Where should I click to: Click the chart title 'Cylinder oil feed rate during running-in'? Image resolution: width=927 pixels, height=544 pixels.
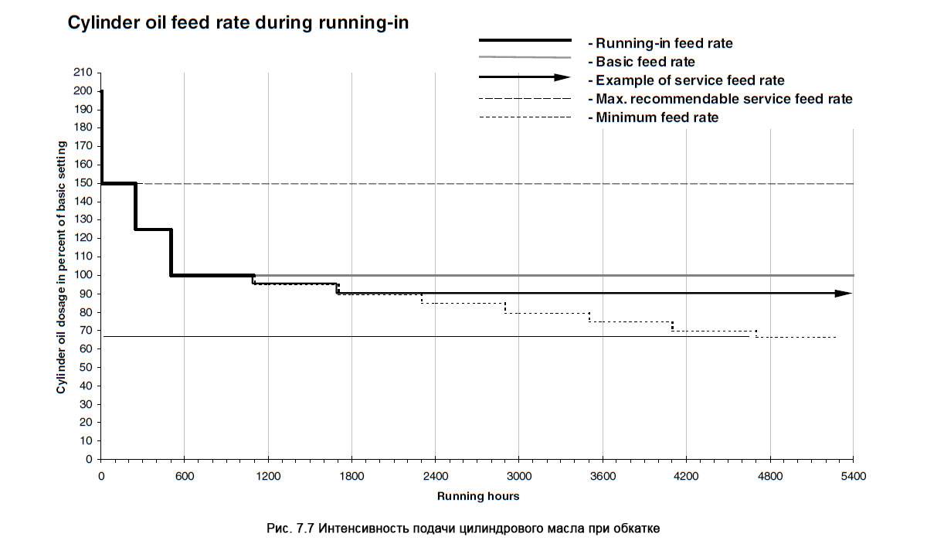pyautogui.click(x=238, y=23)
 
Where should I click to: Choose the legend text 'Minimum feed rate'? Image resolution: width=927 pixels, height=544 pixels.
pyautogui.click(x=657, y=118)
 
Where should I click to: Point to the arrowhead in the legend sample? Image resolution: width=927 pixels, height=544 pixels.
pyautogui.click(x=563, y=77)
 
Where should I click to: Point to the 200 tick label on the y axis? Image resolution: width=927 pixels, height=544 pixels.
pyautogui.click(x=83, y=91)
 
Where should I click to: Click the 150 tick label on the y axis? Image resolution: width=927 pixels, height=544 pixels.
pyautogui.click(x=83, y=183)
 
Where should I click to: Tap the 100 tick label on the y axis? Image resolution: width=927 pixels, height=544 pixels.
pyautogui.click(x=83, y=275)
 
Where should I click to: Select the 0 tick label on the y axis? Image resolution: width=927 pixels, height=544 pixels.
pyautogui.click(x=89, y=459)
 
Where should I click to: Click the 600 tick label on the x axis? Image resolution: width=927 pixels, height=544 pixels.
pyautogui.click(x=184, y=476)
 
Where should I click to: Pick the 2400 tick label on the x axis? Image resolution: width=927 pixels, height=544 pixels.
pyautogui.click(x=435, y=476)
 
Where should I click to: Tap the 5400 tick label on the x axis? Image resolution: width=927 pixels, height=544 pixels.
pyautogui.click(x=853, y=476)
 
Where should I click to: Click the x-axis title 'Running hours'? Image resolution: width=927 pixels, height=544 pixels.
pyautogui.click(x=478, y=496)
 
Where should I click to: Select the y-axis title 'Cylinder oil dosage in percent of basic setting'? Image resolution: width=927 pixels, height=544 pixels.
pyautogui.click(x=61, y=267)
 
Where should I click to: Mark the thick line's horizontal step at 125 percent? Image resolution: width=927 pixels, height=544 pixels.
pyautogui.click(x=153, y=229)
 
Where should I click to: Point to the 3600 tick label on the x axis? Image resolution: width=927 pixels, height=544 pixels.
pyautogui.click(x=602, y=476)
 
